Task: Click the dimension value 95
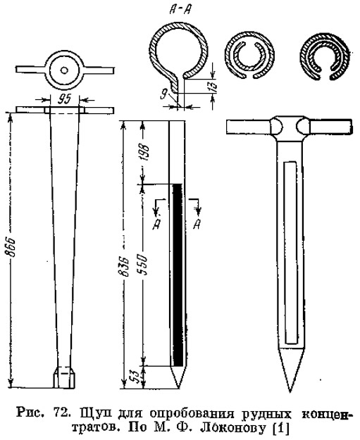coord(65,99)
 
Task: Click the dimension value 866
coord(11,248)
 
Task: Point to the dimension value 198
coord(145,152)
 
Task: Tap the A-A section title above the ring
coord(180,11)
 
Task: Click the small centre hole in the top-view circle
coord(64,70)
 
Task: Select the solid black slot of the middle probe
coord(178,275)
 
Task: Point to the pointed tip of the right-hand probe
coord(291,391)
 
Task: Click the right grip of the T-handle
coord(330,127)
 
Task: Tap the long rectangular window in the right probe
coord(290,253)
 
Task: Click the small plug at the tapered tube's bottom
coord(64,377)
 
